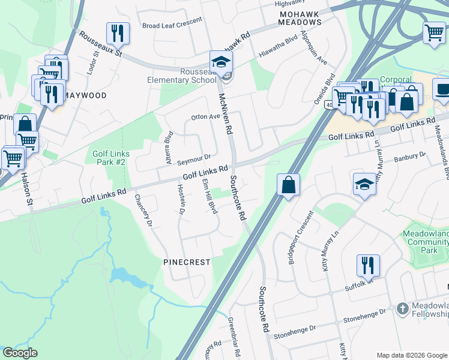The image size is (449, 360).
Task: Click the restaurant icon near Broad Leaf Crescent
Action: tap(117, 34)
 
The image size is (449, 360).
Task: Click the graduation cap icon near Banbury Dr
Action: tap(364, 184)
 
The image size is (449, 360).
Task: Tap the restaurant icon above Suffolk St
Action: tap(368, 265)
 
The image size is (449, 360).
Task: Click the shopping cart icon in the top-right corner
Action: tap(433, 33)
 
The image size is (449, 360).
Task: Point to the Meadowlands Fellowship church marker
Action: tap(402, 309)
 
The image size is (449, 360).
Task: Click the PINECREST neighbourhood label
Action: tap(187, 262)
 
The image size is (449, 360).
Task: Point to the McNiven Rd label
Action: tap(224, 113)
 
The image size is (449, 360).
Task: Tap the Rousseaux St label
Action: tap(101, 44)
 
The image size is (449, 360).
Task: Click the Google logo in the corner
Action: tap(20, 353)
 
